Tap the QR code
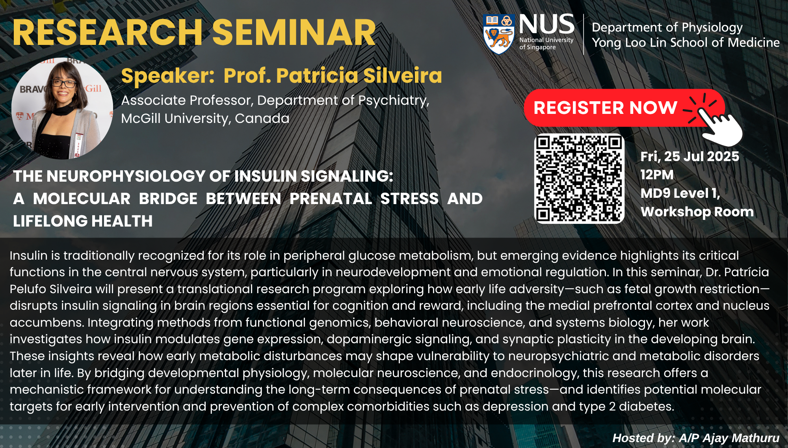[579, 178]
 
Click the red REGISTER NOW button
[624, 108]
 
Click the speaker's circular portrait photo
[62, 108]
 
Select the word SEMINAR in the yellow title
[296, 33]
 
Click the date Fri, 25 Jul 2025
[689, 156]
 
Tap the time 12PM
[657, 175]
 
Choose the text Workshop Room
[697, 212]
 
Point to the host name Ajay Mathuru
[741, 438]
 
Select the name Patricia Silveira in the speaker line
[333, 76]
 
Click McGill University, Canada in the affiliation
[205, 118]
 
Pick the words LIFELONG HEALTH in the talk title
[83, 221]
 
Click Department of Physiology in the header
[667, 28]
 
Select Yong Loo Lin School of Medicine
[686, 43]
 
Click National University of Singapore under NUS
[546, 43]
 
